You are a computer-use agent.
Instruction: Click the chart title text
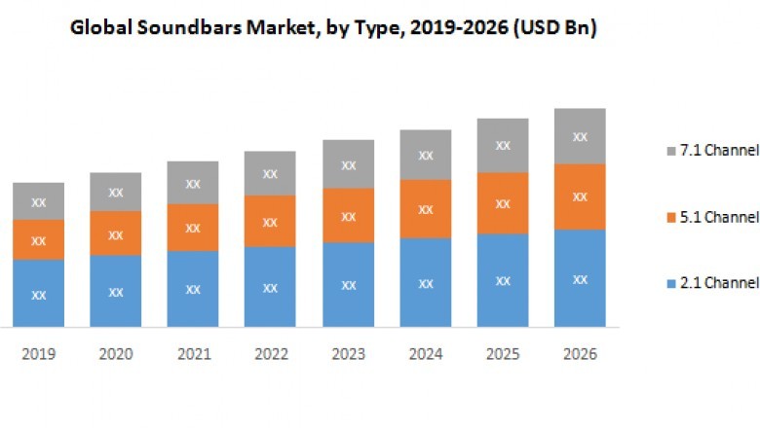(x=333, y=29)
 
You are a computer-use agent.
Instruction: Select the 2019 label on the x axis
(x=38, y=354)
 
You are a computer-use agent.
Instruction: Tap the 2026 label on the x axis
(x=580, y=354)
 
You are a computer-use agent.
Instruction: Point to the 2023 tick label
(x=348, y=354)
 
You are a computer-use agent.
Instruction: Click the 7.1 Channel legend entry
(x=710, y=150)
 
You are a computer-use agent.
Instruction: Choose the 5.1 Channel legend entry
(x=710, y=216)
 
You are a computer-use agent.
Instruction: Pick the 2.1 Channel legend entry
(x=710, y=283)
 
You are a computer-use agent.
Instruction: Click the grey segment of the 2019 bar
(x=38, y=201)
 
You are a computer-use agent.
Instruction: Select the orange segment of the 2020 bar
(x=116, y=233)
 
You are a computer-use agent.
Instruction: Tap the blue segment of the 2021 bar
(x=193, y=289)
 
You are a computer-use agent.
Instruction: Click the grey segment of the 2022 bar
(x=270, y=173)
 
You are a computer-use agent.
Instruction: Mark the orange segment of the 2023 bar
(x=348, y=215)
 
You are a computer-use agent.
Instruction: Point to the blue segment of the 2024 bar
(x=426, y=282)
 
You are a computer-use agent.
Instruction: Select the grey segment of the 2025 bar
(x=503, y=146)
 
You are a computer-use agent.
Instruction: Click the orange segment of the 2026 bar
(x=580, y=196)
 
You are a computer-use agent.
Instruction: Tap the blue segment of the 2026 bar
(x=580, y=278)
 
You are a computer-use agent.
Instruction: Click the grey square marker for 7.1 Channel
(x=669, y=151)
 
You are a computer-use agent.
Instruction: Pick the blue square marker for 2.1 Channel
(x=669, y=283)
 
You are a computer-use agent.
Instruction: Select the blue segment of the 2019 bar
(x=38, y=293)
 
